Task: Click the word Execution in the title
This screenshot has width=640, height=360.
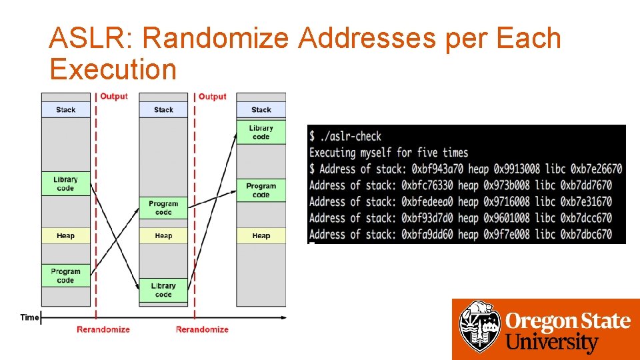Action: [x=113, y=69]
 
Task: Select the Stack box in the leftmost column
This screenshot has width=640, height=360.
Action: [x=65, y=110]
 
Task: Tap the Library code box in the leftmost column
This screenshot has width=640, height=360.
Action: [x=65, y=184]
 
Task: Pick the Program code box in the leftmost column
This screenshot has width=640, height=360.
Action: [x=65, y=276]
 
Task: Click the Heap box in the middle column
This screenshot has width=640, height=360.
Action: [x=163, y=236]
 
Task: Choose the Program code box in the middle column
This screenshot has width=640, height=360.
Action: [x=163, y=208]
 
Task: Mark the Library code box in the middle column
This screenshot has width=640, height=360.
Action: [x=163, y=290]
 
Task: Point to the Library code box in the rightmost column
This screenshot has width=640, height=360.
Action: [x=261, y=132]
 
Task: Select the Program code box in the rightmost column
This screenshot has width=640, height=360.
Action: [x=261, y=190]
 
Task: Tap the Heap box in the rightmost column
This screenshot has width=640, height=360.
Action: [x=261, y=236]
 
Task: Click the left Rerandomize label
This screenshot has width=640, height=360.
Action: [x=103, y=329]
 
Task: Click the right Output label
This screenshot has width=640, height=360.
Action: [x=213, y=97]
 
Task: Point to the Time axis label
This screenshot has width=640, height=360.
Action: [x=29, y=317]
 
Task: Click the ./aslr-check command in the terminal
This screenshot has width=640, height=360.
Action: [x=351, y=137]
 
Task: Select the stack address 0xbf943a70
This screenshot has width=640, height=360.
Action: [x=440, y=169]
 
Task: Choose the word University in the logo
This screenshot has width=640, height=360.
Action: [x=552, y=343]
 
